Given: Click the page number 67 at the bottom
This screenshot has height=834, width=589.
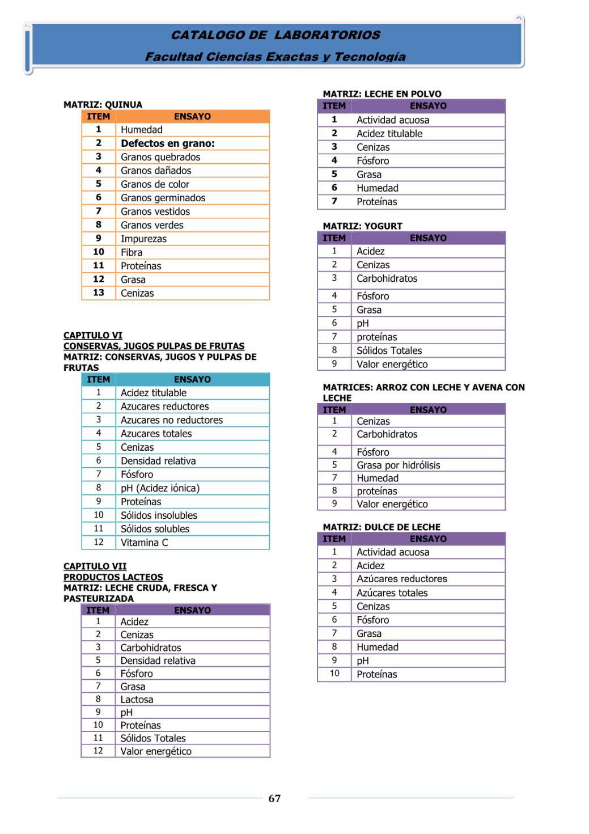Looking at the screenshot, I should (x=274, y=798).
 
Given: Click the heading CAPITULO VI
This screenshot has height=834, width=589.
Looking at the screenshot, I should (x=93, y=336).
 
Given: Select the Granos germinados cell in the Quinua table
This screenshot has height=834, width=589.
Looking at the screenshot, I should (x=163, y=198).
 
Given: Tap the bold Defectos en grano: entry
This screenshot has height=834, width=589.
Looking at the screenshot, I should (x=167, y=143).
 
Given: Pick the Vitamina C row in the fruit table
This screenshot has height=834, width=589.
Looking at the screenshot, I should (x=144, y=543).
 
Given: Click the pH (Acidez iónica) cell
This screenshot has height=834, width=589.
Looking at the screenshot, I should (x=160, y=488).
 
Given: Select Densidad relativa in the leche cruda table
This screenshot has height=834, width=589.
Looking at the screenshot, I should (x=158, y=661).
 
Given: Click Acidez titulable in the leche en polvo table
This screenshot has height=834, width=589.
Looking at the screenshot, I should (x=389, y=134).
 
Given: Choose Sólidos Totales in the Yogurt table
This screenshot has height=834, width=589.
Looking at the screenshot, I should (x=389, y=351).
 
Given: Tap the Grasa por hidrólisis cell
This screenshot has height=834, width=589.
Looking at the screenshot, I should (x=398, y=465).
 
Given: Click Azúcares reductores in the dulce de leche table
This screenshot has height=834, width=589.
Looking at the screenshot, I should (x=401, y=579).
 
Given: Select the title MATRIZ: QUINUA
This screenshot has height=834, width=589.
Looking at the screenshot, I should (x=103, y=105).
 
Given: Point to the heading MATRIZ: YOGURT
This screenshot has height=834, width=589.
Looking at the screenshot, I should (x=362, y=226).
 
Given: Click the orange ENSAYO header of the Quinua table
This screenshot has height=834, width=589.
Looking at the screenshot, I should (x=192, y=117).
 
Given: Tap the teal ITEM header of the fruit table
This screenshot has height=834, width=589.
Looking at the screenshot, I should (x=99, y=380).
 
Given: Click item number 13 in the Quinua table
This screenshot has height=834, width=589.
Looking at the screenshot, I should (x=99, y=293).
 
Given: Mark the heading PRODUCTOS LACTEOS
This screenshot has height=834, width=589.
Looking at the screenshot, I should (x=113, y=577).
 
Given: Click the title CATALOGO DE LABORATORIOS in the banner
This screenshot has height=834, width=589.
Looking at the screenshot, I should (x=276, y=35).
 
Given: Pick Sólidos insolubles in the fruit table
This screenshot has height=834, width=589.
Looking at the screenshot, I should (x=159, y=515).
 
